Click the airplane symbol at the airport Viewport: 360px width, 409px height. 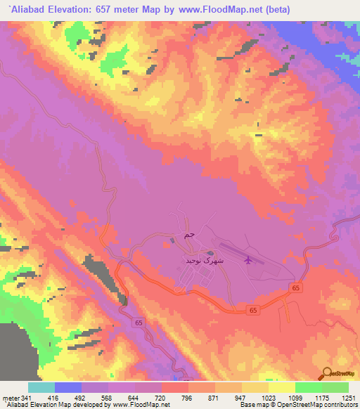tap(247, 261)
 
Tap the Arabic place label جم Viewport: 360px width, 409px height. tap(188, 235)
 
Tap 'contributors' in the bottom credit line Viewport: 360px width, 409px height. tap(341, 405)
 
